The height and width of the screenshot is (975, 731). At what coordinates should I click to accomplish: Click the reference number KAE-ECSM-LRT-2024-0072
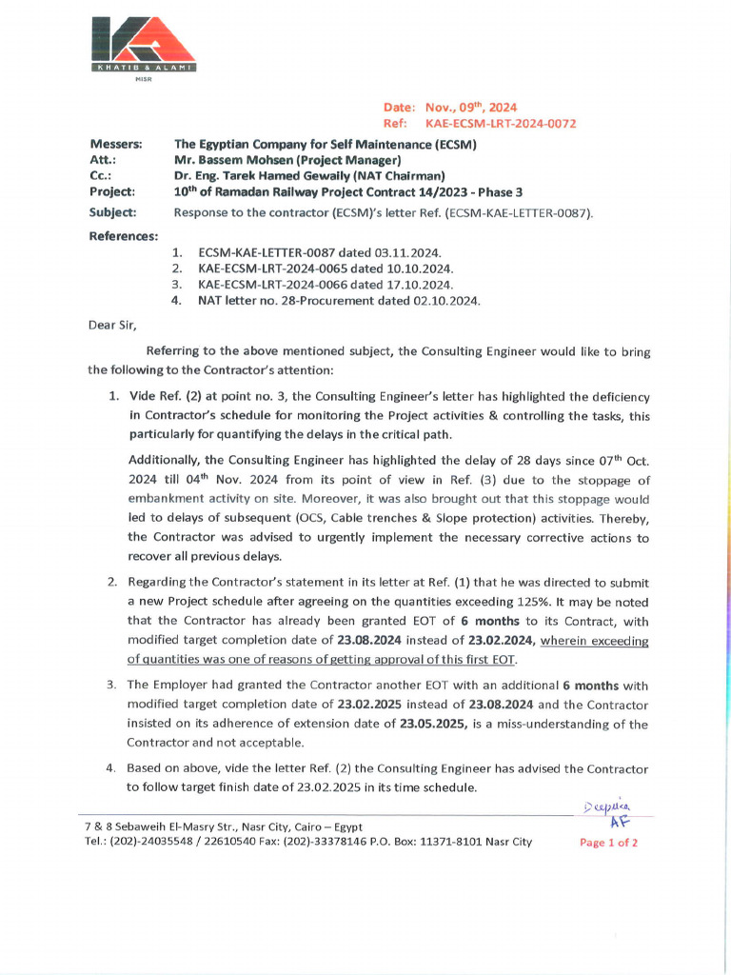[x=500, y=124]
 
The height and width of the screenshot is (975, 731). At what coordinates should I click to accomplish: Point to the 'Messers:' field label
[x=115, y=144]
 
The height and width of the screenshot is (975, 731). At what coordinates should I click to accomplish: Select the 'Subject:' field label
[x=112, y=212]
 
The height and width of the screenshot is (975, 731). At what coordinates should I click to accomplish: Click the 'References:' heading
[x=123, y=236]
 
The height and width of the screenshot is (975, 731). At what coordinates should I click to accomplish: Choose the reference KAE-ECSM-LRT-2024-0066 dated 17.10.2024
[x=326, y=285]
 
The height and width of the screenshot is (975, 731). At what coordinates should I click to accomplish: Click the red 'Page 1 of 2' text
[x=608, y=843]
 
